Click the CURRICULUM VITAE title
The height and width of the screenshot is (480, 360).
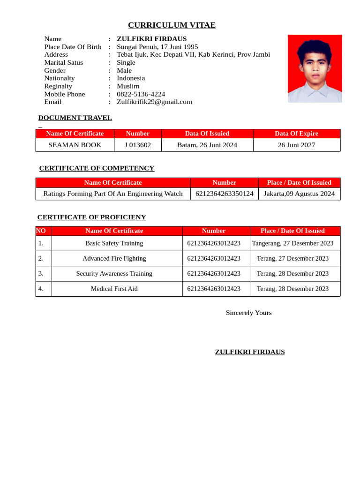[x=172, y=25]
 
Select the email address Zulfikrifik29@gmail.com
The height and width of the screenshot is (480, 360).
[x=154, y=102]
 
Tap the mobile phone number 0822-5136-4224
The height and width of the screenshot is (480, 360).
[x=141, y=94]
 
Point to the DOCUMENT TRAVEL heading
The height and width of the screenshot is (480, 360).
[x=75, y=118]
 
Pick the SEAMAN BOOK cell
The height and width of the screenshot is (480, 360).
[x=75, y=145]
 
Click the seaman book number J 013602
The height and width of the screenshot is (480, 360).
[x=137, y=145]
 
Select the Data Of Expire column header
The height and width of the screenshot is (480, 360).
[x=296, y=134]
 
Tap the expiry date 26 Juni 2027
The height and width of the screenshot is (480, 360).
[x=296, y=145]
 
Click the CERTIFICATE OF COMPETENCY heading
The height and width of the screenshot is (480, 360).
[x=97, y=168]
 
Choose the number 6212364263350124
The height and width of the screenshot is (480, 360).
[x=224, y=194]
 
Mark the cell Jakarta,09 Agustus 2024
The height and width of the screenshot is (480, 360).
[x=299, y=194]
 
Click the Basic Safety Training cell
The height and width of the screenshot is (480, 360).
[x=114, y=243]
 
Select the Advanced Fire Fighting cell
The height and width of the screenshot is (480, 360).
[x=114, y=258]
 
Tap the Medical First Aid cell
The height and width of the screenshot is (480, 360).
[x=114, y=289]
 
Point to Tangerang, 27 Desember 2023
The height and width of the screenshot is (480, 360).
[x=292, y=243]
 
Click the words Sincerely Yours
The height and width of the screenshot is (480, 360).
[x=248, y=313]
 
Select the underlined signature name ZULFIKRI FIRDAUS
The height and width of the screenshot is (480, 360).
[x=249, y=352]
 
